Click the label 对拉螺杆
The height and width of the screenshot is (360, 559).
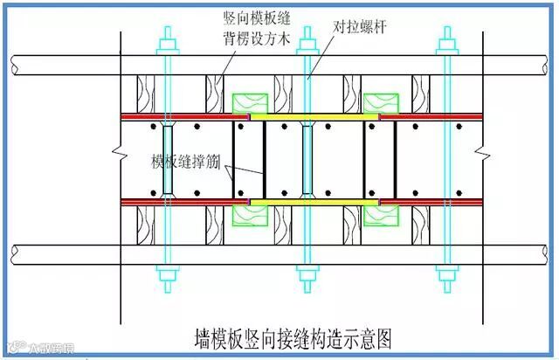tap(360, 27)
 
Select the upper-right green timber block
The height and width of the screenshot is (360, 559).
tap(380, 102)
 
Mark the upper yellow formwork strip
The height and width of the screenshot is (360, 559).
tap(314, 115)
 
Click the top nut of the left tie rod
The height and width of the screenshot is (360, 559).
tap(165, 38)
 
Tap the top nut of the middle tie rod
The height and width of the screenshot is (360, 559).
tap(306, 38)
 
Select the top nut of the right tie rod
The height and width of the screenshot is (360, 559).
tap(448, 38)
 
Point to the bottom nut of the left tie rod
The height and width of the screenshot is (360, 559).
tap(165, 279)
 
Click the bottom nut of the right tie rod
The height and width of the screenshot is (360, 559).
tap(448, 279)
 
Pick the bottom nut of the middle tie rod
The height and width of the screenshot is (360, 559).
tap(306, 279)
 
